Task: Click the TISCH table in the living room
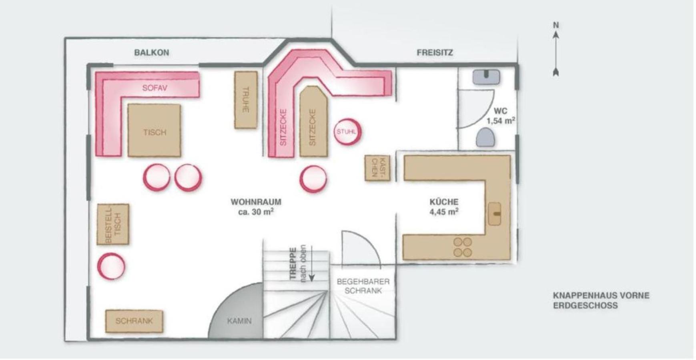(x=154, y=130)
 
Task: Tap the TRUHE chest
(x=246, y=100)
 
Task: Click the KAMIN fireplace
(x=236, y=312)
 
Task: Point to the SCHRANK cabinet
(x=134, y=321)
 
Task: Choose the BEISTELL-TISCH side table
(x=113, y=224)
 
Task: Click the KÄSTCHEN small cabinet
(x=377, y=168)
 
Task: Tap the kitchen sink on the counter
(x=495, y=214)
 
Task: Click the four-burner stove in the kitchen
(x=463, y=247)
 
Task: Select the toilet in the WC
(x=485, y=137)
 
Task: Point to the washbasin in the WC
(x=486, y=77)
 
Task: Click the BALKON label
(x=152, y=52)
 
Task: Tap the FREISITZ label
(x=435, y=52)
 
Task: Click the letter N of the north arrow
(x=556, y=25)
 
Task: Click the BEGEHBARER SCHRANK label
(x=363, y=286)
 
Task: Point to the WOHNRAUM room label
(x=256, y=202)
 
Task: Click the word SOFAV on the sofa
(x=154, y=88)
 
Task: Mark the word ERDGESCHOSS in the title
(x=580, y=306)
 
